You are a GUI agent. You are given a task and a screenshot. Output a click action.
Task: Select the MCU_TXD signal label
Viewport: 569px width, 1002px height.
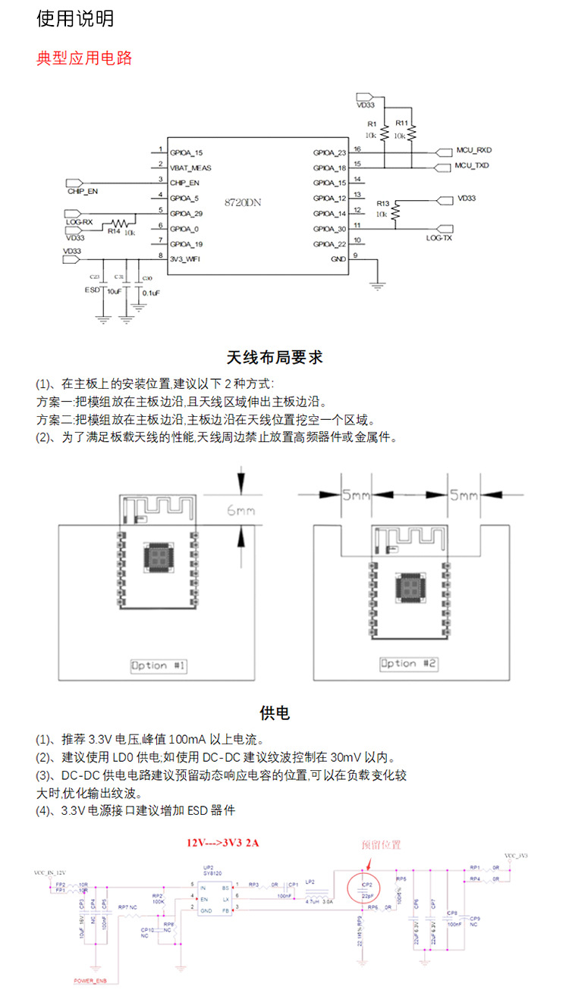click(x=472, y=165)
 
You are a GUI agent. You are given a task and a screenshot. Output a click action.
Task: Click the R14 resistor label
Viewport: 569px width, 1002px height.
click(x=113, y=232)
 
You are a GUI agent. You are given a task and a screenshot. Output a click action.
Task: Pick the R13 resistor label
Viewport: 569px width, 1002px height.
click(x=382, y=204)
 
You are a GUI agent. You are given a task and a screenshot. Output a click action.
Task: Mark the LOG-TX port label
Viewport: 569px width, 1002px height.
click(x=439, y=237)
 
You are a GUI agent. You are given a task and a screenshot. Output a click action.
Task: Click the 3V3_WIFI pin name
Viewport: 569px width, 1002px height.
click(x=185, y=258)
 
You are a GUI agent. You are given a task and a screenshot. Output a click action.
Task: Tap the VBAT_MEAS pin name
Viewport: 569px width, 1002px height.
click(x=190, y=167)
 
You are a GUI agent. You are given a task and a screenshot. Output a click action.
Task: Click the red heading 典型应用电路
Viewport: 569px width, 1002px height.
click(x=84, y=58)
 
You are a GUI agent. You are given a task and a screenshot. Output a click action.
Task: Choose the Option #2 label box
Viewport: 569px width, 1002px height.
click(x=409, y=663)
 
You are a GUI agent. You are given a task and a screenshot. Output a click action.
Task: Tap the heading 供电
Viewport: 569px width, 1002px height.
click(x=275, y=712)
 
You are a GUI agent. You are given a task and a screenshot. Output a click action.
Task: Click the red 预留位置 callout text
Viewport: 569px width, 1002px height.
click(x=381, y=845)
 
